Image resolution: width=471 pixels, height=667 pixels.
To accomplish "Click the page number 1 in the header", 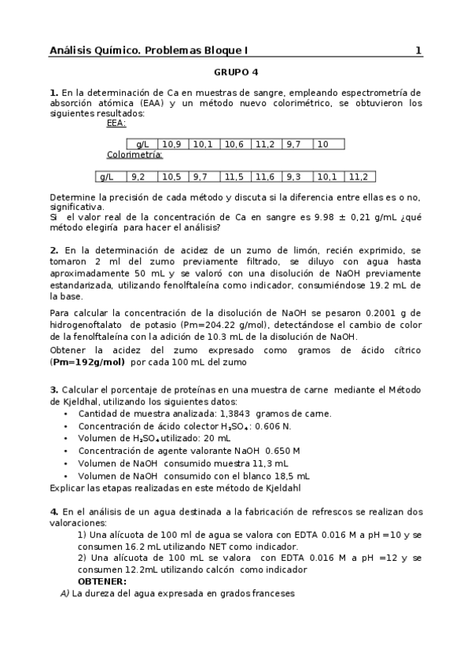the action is pos(418,51).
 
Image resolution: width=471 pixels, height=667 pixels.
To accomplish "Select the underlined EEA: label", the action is pos(116,123).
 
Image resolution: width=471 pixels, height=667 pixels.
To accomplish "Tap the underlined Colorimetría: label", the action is pos(134,155).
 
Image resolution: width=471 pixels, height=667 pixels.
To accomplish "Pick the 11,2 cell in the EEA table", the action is pos(265,145).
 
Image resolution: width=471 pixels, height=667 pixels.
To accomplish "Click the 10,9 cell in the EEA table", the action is pos(171,145).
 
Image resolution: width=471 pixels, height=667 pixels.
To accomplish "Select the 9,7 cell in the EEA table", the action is pos(293,145).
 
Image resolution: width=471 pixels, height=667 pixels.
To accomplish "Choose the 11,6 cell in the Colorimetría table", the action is pos(265,177).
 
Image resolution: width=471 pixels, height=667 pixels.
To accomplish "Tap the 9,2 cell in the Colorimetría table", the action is pos(139,177).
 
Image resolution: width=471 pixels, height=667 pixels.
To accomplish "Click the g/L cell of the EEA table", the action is pos(143,145).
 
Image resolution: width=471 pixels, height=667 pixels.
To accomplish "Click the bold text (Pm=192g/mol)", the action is pos(87,363).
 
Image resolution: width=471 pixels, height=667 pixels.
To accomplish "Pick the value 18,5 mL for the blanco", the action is pos(288,476).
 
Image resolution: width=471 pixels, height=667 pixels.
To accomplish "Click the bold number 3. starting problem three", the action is pos(53,389).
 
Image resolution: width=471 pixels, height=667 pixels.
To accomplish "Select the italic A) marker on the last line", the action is pos(65,594).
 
